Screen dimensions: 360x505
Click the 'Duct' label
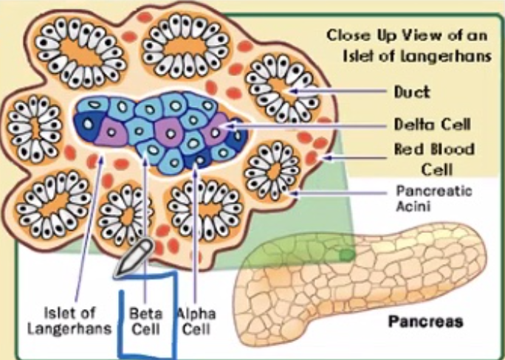[x=411, y=92]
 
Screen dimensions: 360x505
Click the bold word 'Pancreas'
[x=425, y=322]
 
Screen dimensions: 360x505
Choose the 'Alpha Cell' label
[x=196, y=319]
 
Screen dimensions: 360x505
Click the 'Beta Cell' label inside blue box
[x=145, y=319]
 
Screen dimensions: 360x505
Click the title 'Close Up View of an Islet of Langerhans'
[x=408, y=46]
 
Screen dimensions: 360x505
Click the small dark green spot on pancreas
[x=346, y=255]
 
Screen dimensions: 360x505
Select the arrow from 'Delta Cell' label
[x=310, y=126]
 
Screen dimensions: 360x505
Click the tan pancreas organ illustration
[x=354, y=280]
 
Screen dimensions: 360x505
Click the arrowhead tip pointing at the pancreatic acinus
[x=295, y=194]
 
